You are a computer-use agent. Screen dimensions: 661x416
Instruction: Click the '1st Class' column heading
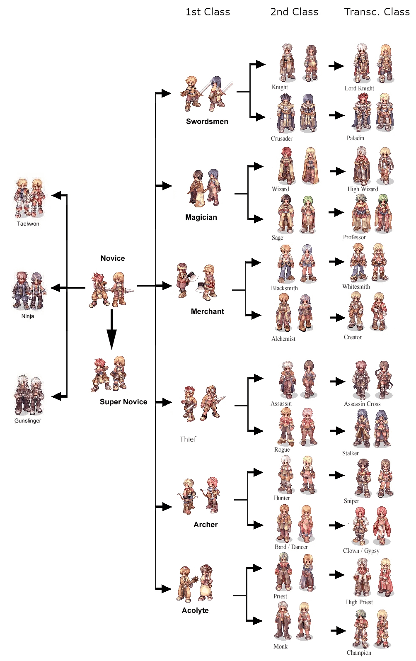pos(208,12)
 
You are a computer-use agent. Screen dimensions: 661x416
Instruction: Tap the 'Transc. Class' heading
pos(377,12)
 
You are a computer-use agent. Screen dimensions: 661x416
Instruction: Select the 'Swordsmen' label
pos(207,122)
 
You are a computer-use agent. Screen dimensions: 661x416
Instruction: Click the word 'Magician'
pos(201,217)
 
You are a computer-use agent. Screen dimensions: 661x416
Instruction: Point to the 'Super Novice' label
pos(123,402)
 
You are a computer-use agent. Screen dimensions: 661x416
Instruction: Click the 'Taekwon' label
pos(28,224)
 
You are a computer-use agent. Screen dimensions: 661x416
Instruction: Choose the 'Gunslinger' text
pos(28,420)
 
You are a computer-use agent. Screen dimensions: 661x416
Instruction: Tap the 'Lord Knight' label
pos(359,88)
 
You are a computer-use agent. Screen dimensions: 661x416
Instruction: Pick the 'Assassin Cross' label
pos(362,404)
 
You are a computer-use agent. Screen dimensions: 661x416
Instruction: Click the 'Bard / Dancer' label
pos(291,547)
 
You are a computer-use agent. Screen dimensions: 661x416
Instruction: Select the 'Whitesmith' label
pos(356,287)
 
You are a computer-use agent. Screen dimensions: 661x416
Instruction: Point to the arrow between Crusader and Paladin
pos(336,115)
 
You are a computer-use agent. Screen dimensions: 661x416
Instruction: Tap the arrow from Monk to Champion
pos(338,631)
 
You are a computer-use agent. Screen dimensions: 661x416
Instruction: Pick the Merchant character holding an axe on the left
pos(183,281)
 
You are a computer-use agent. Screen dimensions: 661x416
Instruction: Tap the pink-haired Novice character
pos(99,289)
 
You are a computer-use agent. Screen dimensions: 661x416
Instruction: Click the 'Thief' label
pos(188,439)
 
